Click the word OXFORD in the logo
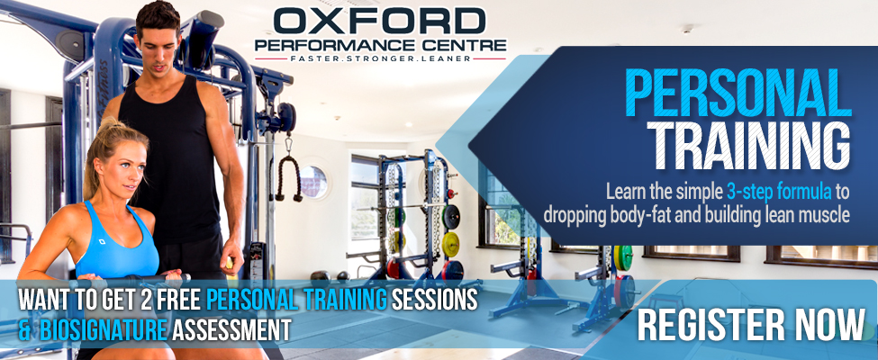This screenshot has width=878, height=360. pyautogui.click(x=379, y=21)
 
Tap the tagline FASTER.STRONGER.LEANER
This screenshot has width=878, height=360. pyautogui.click(x=380, y=58)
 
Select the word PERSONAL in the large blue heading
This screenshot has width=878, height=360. pyautogui.click(x=738, y=93)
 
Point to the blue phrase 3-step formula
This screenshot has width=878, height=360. pyautogui.click(x=779, y=192)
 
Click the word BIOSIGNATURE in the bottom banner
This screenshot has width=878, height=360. pyautogui.click(x=104, y=329)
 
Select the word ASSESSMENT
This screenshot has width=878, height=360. pyautogui.click(x=231, y=329)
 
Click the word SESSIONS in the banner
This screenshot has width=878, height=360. pyautogui.click(x=434, y=300)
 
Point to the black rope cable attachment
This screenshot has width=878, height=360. pyautogui.click(x=288, y=176)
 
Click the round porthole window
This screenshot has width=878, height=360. pyautogui.click(x=313, y=182)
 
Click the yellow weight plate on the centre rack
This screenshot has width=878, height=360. pyautogui.click(x=450, y=245)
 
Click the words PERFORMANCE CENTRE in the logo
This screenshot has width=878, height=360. pyautogui.click(x=381, y=44)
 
